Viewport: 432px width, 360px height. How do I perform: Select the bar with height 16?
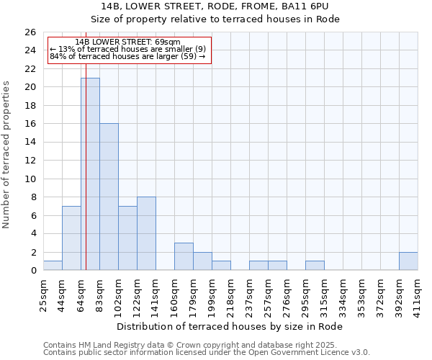(109, 197)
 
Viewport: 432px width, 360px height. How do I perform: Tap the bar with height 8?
(146, 233)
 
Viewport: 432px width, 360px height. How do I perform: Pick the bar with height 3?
(184, 256)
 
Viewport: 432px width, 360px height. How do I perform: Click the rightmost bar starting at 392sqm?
(408, 261)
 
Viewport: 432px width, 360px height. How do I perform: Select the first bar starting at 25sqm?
(53, 266)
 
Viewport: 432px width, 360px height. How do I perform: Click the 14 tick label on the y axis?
(30, 143)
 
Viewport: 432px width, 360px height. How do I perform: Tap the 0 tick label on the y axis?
(32, 271)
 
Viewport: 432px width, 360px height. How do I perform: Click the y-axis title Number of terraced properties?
(7, 155)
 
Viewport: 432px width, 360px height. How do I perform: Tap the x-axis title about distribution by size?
(230, 326)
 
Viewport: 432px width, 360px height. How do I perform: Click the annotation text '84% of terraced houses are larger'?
(127, 56)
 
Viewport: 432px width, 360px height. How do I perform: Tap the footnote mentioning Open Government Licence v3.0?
(207, 353)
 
